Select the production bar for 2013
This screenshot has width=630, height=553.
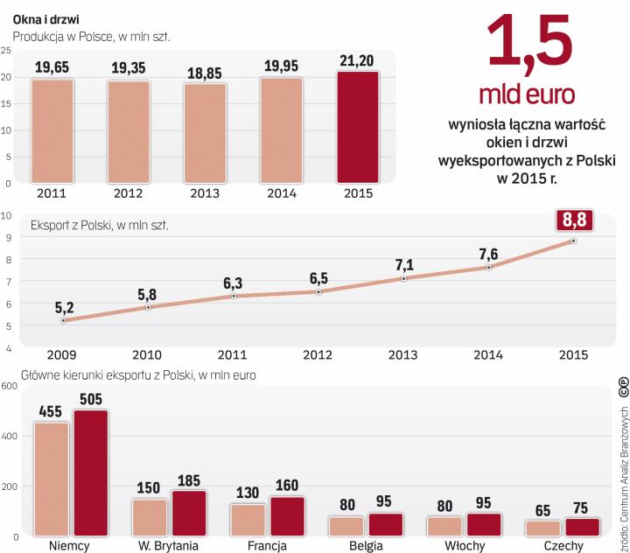tap(205, 133)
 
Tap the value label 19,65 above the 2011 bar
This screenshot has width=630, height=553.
tap(52, 66)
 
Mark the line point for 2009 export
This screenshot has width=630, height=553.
tap(64, 320)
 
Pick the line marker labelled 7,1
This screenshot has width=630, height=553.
tap(403, 278)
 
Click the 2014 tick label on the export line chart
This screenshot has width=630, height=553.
tap(488, 356)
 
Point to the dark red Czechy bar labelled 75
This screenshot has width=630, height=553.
tap(583, 525)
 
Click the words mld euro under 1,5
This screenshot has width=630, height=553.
tap(531, 94)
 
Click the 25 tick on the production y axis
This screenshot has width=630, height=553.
tap(6, 50)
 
